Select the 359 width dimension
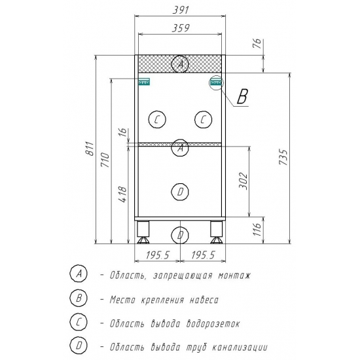point(180,28)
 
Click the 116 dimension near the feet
point(257,229)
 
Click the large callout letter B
point(242,98)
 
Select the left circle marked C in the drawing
point(157,119)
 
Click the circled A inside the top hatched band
point(180,64)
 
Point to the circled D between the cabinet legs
point(181,234)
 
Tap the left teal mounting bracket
point(144,82)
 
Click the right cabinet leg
point(215,230)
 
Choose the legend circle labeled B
point(78,298)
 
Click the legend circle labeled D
point(78,346)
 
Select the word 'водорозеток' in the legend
point(213,323)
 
